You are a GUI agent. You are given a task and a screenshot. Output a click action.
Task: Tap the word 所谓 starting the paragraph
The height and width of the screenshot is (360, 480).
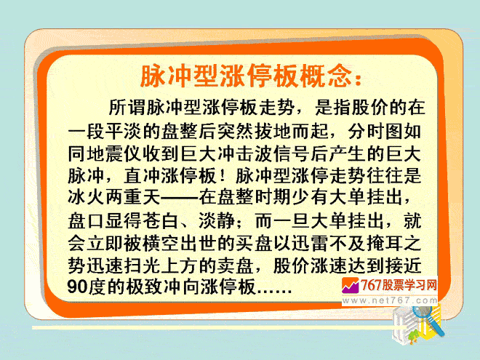[x=127, y=107]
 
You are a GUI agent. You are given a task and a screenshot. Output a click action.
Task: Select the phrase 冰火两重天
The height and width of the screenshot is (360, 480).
[x=114, y=198]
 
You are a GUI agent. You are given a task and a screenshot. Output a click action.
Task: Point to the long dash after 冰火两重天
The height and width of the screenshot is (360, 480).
[x=180, y=198]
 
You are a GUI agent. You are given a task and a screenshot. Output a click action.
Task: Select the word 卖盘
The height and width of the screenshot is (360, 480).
[x=235, y=265]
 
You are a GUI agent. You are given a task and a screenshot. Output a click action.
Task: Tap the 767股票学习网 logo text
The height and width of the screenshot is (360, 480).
[x=398, y=285]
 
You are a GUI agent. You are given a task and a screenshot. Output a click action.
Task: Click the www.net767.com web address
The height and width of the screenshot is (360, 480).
[x=390, y=300]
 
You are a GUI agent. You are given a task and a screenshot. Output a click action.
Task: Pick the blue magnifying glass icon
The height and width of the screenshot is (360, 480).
[x=428, y=320]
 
